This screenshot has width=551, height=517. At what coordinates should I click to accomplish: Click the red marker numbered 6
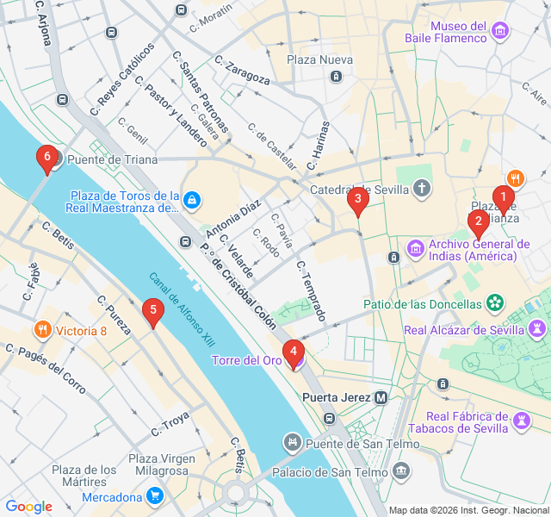click(x=47, y=158)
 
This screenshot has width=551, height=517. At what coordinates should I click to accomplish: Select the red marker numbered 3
click(x=357, y=200)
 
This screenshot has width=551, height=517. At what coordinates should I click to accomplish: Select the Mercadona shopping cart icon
click(x=154, y=496)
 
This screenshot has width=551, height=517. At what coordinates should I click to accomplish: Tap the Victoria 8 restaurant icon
click(x=41, y=330)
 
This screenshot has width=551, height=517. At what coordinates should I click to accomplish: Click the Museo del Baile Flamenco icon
click(x=500, y=33)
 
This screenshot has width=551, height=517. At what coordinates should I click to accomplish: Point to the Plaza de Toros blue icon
click(x=193, y=201)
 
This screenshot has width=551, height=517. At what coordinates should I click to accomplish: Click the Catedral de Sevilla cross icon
click(x=422, y=188)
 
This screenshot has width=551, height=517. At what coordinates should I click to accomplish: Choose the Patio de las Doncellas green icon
click(x=495, y=303)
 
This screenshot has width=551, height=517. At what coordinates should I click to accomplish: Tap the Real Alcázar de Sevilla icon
click(x=537, y=329)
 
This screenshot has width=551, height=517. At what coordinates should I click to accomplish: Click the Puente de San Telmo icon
click(x=293, y=444)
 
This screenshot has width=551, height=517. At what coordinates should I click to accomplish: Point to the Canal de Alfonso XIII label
click(x=182, y=310)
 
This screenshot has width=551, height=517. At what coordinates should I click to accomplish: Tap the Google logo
click(x=28, y=507)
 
